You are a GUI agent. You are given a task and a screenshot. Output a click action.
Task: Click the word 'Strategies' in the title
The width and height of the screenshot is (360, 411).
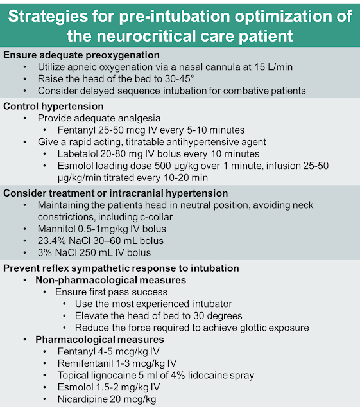coord(48,17)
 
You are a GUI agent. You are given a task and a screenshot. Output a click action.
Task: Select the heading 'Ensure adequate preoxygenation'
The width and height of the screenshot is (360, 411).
coord(81,55)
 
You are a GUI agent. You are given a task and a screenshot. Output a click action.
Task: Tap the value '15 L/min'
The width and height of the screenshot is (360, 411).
coord(273,67)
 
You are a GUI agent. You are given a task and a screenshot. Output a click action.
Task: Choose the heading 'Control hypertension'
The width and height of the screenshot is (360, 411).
coord(53,106)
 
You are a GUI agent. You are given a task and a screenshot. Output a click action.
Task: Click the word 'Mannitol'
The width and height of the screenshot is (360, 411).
coord(56,229)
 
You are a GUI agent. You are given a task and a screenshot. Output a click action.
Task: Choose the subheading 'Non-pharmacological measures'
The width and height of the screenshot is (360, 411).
coord(111,280)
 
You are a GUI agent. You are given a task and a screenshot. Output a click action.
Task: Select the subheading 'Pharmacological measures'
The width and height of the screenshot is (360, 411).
coord(99,340)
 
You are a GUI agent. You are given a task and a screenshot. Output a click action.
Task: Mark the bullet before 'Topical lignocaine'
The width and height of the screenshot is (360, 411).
coord(44,376)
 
